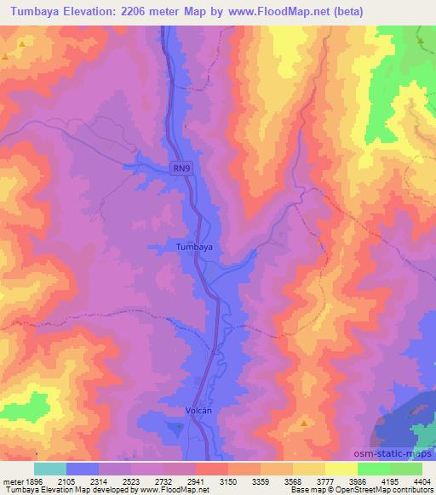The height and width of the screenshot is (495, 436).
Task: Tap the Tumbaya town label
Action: coord(192,247)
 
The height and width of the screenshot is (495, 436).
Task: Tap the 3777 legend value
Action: coord(328,481)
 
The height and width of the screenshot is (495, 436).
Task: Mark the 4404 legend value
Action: coord(422,481)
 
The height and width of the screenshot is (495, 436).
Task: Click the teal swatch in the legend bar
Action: coord(50,469)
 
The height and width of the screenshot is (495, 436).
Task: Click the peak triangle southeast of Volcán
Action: coord(304,423)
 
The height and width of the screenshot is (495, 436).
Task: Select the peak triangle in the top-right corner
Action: coord(421,40)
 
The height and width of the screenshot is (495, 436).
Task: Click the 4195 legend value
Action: coord(392,481)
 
